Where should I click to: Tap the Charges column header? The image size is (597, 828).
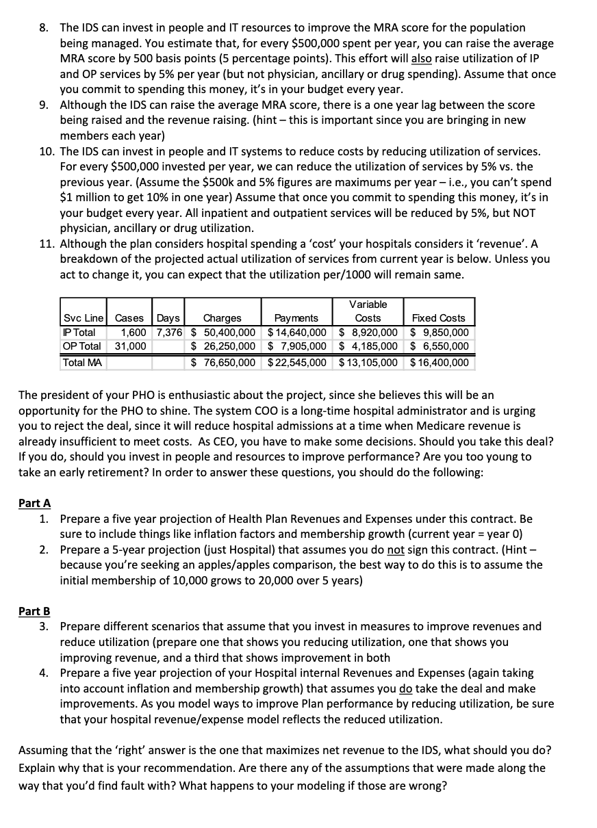pos(223,318)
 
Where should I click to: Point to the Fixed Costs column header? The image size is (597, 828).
pos(438,318)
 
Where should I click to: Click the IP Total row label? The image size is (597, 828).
pos(79,333)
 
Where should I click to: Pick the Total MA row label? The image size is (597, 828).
pos(82,362)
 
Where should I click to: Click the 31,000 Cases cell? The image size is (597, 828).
pos(130,346)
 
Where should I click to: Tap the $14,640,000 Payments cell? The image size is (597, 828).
pos(297,333)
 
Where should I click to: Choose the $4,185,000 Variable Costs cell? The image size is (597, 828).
pos(369,346)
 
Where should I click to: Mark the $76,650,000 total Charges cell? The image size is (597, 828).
pos(223,362)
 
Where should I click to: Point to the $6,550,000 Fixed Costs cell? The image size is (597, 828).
pos(439,346)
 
